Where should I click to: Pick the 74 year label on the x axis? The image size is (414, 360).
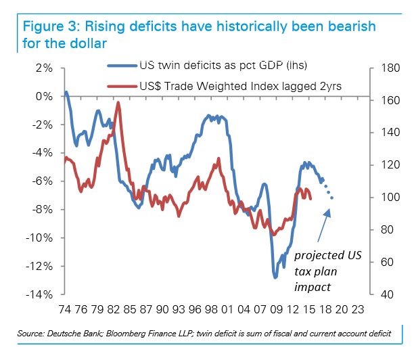[66, 310]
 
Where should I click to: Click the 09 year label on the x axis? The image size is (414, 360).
[275, 310]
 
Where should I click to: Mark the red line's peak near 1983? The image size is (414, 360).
[118, 103]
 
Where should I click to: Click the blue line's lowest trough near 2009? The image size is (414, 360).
[275, 277]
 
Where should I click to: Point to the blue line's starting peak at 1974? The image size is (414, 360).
[66, 91]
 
